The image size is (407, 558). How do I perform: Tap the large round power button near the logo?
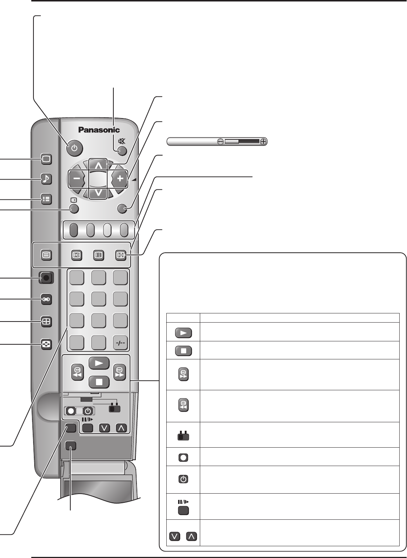tap(75, 148)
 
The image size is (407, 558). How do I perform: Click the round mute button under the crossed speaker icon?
tap(122, 150)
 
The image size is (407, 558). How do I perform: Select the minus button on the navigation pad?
tap(77, 179)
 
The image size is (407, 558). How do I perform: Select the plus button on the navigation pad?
tap(120, 179)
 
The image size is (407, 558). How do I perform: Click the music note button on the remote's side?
tap(46, 179)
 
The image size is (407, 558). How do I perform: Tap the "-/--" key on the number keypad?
tap(120, 343)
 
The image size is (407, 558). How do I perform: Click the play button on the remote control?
tap(99, 363)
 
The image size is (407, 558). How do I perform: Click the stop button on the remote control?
tap(99, 381)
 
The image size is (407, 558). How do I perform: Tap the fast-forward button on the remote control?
tap(120, 372)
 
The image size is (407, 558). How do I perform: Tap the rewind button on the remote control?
tap(78, 372)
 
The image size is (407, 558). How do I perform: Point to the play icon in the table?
tap(184, 333)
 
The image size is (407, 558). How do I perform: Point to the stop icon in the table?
tap(184, 351)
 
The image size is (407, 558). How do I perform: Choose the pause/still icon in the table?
tap(184, 510)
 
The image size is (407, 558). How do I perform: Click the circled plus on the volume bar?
tap(263, 142)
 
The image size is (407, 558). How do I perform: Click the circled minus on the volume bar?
tap(220, 142)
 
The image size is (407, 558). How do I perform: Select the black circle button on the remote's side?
tap(46, 278)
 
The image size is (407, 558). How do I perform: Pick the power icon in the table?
tap(184, 479)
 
